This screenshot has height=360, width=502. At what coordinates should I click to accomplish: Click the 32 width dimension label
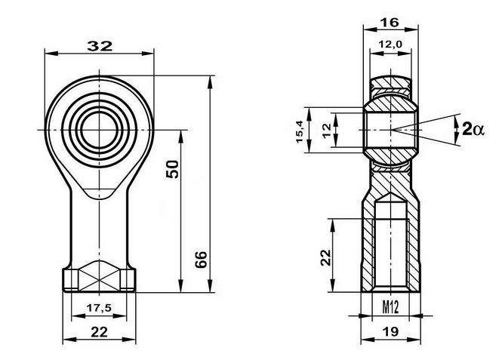[x=100, y=46]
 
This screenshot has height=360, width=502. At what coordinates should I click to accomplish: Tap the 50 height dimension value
[x=173, y=169]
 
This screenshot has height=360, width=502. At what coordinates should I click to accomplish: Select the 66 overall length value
[x=202, y=260]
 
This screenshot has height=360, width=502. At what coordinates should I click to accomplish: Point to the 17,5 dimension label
[x=99, y=308]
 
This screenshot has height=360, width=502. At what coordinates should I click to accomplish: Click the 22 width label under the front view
[x=99, y=332]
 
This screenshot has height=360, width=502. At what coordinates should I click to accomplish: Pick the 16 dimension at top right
[x=390, y=23]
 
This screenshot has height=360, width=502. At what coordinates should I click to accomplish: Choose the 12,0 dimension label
[x=390, y=45]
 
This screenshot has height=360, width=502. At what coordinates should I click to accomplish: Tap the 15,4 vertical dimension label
[x=300, y=132]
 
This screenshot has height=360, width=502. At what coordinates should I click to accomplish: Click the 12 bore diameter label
[x=327, y=131]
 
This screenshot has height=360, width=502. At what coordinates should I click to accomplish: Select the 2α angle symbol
[x=473, y=130]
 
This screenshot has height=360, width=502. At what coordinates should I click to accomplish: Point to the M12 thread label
[x=390, y=308]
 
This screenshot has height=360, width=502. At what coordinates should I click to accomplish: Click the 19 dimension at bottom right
[x=390, y=332]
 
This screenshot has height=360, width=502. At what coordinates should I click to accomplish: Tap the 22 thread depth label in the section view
[x=326, y=257]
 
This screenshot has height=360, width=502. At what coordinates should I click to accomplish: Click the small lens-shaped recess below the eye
[x=100, y=193]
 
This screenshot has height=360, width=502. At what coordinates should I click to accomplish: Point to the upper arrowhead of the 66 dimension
[x=210, y=82]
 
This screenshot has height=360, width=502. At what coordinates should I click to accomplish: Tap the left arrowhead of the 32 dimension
[x=51, y=53]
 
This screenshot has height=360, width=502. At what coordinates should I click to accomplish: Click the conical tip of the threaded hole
[x=390, y=198]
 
